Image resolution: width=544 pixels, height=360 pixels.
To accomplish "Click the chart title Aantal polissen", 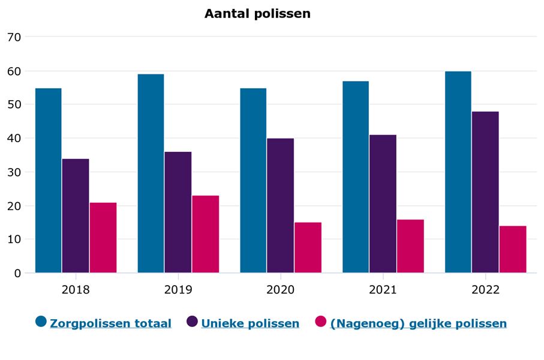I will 257,14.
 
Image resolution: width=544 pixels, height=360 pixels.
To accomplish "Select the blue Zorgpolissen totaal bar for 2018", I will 49,181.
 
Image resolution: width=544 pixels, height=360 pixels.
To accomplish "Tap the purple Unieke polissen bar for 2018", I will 76,216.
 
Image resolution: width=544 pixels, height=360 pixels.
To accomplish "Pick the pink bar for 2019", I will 205,234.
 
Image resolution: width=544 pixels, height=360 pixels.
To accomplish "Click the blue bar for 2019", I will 151,173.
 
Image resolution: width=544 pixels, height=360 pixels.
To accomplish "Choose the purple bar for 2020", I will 280,206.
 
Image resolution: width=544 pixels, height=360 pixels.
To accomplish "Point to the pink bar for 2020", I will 308,248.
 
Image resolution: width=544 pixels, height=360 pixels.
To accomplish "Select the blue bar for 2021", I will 356,177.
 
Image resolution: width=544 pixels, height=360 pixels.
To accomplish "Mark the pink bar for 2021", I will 410,246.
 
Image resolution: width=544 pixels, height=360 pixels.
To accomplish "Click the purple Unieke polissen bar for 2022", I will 485,192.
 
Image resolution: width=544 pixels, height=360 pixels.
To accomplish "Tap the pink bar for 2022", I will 513,250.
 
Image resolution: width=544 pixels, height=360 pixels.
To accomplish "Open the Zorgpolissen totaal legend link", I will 110,323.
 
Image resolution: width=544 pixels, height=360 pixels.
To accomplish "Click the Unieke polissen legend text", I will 250,323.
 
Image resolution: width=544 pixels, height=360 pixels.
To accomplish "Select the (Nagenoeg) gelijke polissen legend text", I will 418,323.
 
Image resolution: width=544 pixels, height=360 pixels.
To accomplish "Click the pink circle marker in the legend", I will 321,322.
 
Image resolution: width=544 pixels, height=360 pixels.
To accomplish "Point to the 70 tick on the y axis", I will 14,37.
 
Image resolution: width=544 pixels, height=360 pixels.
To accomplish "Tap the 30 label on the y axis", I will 14,172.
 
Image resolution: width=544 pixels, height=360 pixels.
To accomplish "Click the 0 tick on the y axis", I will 17,274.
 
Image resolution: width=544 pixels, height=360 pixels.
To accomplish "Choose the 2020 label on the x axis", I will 280,290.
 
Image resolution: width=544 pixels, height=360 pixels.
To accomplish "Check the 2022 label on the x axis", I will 485,290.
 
